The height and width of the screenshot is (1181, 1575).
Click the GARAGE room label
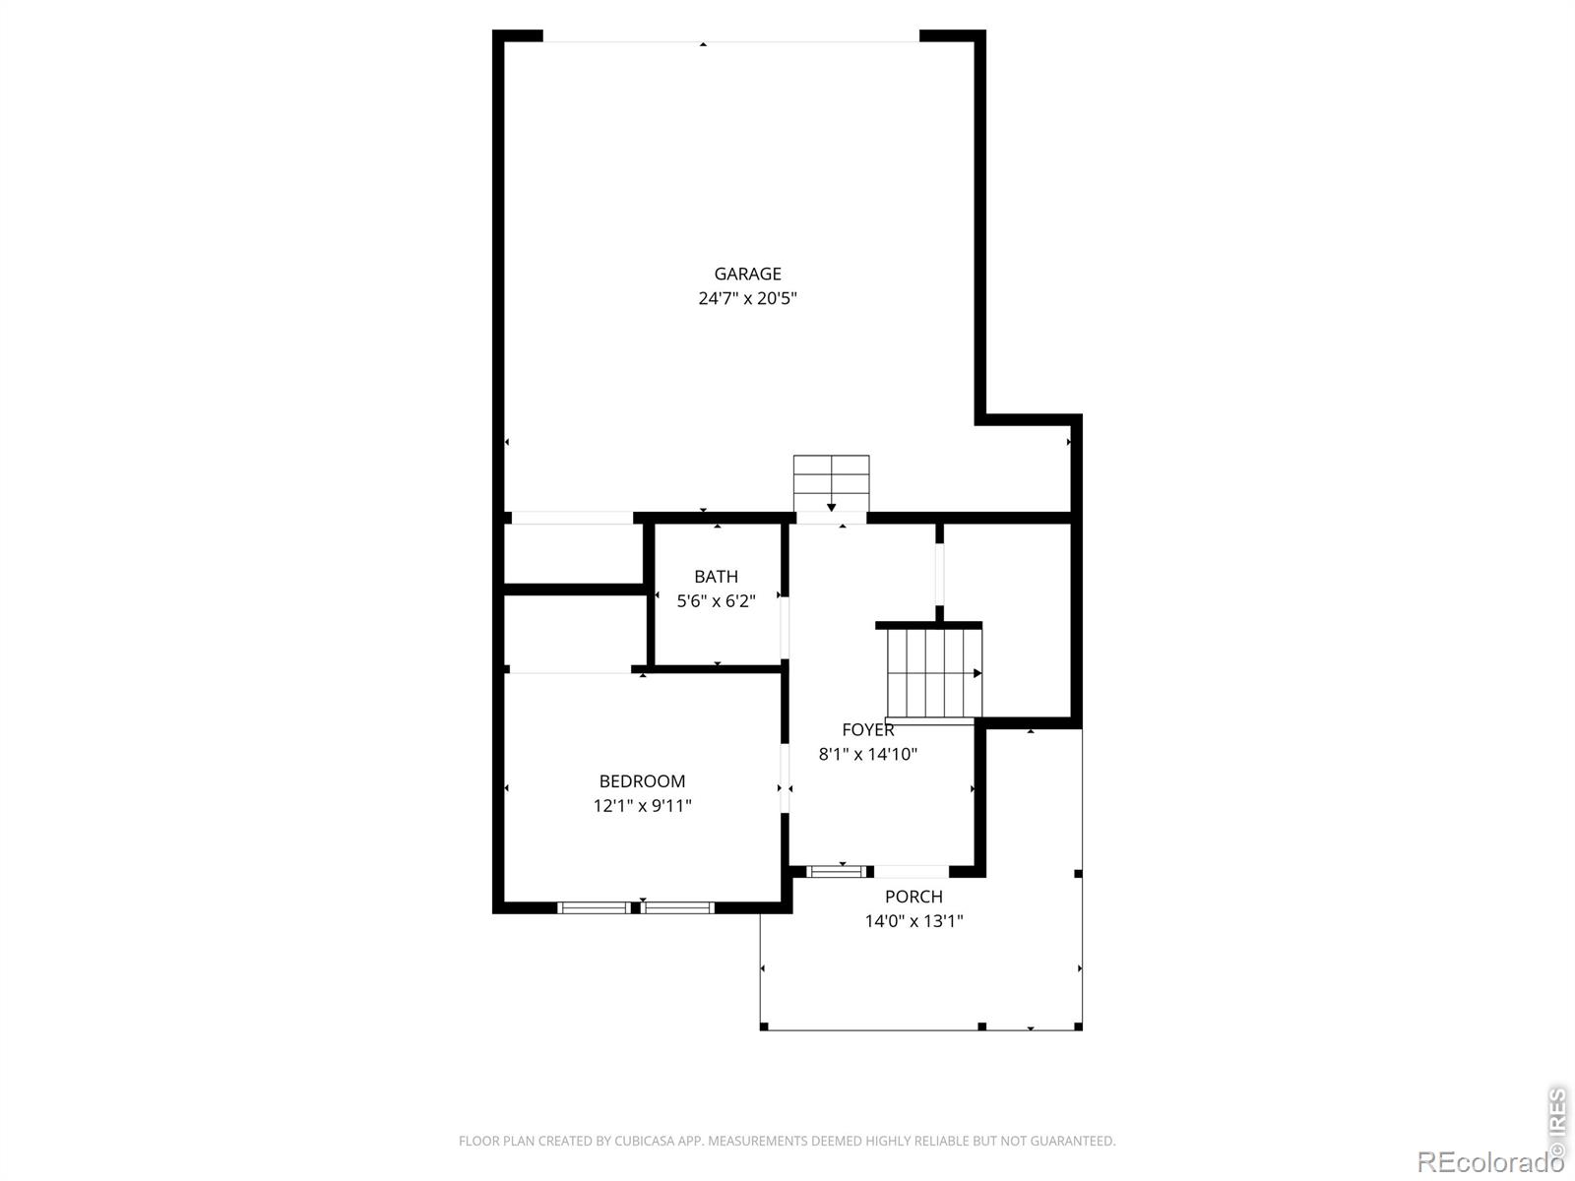point(747,274)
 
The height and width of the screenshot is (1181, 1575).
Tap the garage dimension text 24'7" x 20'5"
point(747,298)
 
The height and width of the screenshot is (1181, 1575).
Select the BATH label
point(716,576)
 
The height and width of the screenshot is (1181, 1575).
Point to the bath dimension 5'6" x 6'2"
point(716,601)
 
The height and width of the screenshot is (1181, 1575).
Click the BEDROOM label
point(642,780)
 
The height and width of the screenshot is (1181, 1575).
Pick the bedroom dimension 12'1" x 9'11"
point(642,805)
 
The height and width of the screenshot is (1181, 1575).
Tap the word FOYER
point(867,729)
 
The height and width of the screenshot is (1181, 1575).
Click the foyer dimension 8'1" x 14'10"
point(867,754)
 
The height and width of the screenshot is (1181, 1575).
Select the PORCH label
point(913,897)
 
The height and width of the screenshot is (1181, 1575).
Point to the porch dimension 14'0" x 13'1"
point(913,921)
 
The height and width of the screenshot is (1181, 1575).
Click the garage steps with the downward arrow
point(831,483)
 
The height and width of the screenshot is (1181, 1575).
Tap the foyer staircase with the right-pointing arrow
point(934,672)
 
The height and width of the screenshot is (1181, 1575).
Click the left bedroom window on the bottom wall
point(595,907)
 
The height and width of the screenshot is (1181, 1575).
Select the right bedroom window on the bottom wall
point(677,907)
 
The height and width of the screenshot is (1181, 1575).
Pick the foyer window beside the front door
point(836,871)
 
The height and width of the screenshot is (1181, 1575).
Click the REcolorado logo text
point(1489,1161)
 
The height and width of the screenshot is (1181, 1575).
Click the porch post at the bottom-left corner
point(764,1026)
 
